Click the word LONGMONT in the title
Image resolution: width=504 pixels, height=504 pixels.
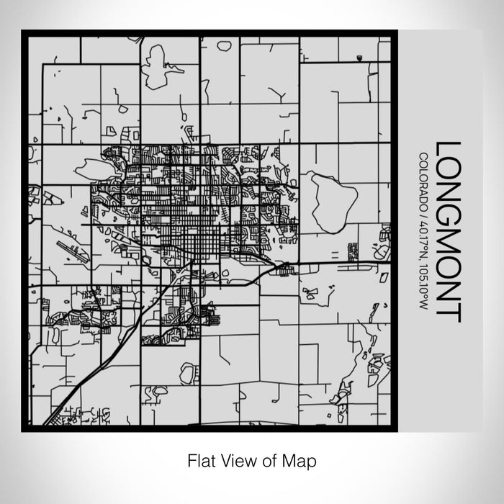click(447, 231)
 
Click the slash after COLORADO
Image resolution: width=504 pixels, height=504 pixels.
click(423, 210)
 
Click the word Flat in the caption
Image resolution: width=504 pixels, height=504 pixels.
click(200, 459)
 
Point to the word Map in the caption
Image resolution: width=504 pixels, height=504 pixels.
click(302, 459)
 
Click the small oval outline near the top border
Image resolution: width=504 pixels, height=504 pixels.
click(224, 45)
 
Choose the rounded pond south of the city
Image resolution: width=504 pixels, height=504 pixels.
click(188, 373)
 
